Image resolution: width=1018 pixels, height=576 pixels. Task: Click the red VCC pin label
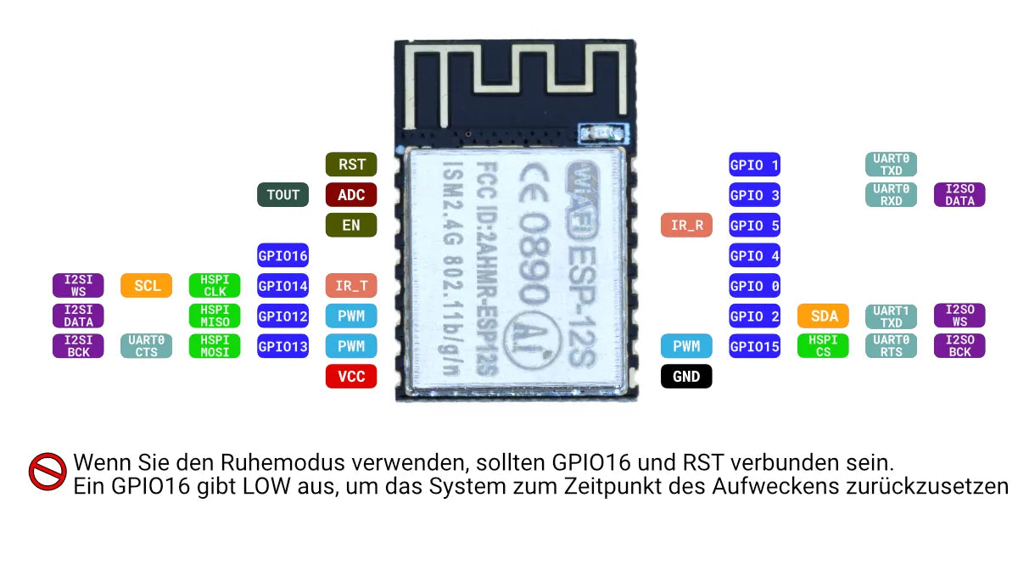point(351,377)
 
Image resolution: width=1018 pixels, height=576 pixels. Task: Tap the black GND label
point(686,377)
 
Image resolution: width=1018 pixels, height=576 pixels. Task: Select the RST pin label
point(351,165)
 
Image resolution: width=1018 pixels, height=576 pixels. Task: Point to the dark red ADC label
point(351,195)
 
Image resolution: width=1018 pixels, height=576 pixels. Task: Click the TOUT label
point(282,195)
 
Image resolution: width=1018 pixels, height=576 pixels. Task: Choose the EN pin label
point(351,226)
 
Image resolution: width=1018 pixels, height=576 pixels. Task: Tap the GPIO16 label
point(282,255)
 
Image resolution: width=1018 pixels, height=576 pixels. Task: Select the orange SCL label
point(147,286)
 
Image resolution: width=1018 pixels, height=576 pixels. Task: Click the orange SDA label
point(824,316)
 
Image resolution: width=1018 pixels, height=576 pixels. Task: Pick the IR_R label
point(686,226)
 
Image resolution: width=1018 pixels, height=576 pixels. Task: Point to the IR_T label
point(351,286)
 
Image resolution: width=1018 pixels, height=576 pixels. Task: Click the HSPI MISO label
point(215,316)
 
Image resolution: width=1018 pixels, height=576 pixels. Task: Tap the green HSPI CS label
point(824,346)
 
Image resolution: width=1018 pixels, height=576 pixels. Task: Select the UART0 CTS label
point(147,346)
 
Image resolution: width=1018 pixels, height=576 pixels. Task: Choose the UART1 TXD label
point(892,316)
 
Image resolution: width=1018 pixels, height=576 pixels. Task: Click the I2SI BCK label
point(78,346)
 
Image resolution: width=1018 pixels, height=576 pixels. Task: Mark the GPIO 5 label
point(755,226)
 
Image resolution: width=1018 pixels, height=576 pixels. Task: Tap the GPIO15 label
point(755,346)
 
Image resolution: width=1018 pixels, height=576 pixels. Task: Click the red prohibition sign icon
point(48,472)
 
